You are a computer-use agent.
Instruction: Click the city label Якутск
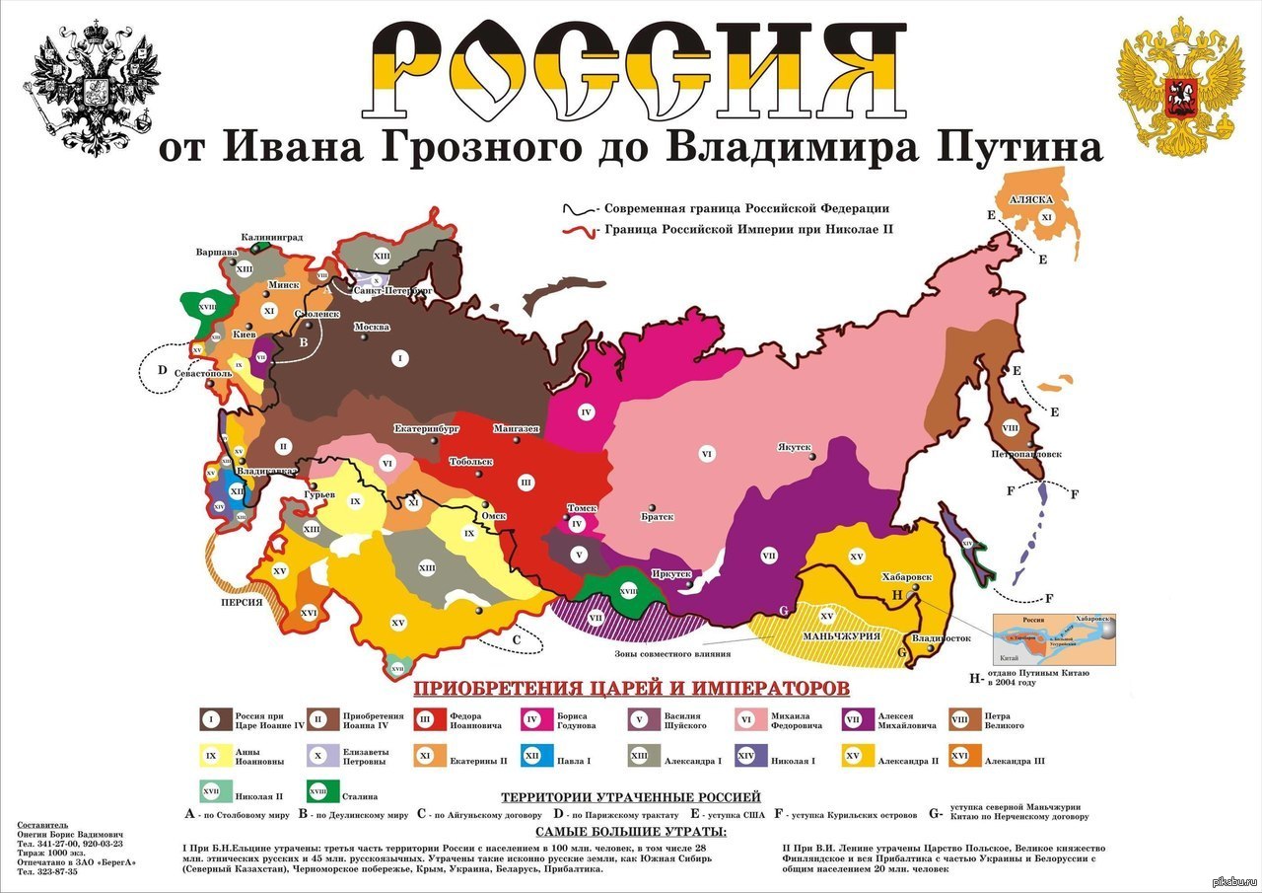click(794, 446)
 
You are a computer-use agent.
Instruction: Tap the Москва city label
click(372, 327)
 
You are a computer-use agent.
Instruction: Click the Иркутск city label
click(670, 573)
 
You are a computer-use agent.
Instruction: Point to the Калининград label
click(272, 238)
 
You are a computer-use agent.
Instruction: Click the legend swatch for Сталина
click(317, 790)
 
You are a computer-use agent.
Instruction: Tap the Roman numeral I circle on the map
click(399, 357)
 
